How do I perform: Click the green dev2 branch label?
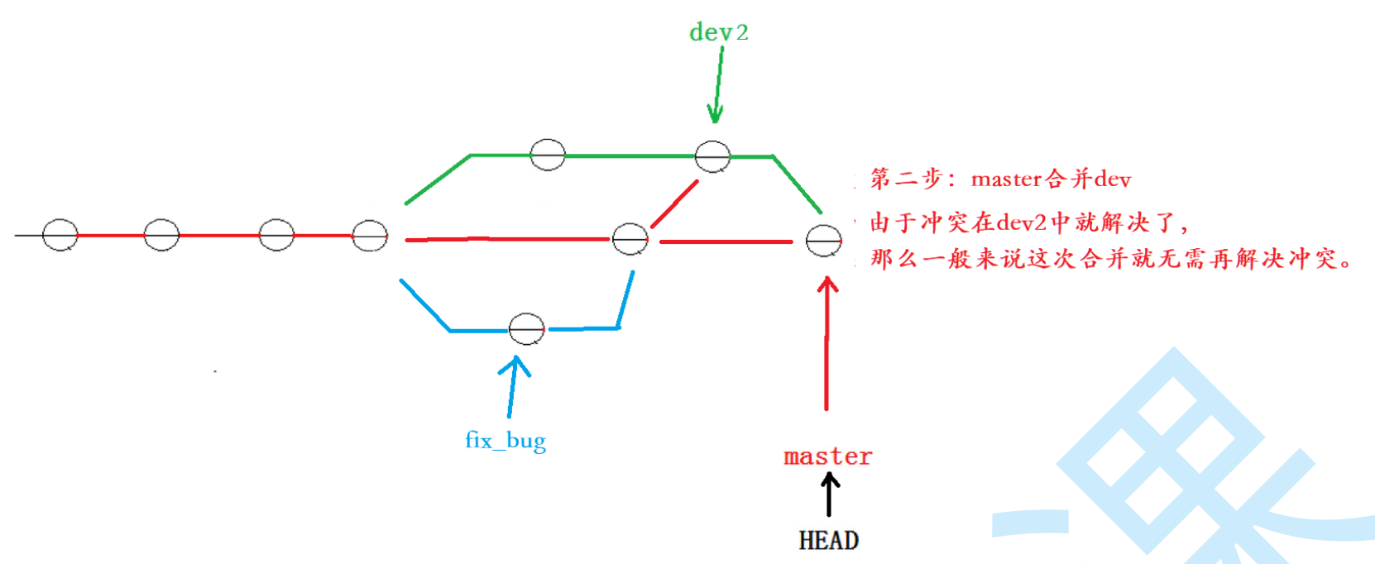coord(718,32)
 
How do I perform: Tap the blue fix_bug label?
coord(505,439)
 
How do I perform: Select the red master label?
coord(827,456)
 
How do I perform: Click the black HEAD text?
coord(828,540)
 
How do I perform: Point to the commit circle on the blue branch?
coord(526,329)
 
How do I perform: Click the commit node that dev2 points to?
coord(712,155)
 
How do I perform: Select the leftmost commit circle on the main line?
coord(60,235)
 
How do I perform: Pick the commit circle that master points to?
coord(824,241)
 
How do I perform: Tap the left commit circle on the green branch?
coord(548,154)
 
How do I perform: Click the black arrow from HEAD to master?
coord(829,495)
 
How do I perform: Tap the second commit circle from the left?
coord(161,235)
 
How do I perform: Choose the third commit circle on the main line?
coord(276,235)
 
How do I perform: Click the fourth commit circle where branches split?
coord(370,236)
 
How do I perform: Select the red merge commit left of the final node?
coord(630,239)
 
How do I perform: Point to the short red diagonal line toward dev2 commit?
coord(674,203)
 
